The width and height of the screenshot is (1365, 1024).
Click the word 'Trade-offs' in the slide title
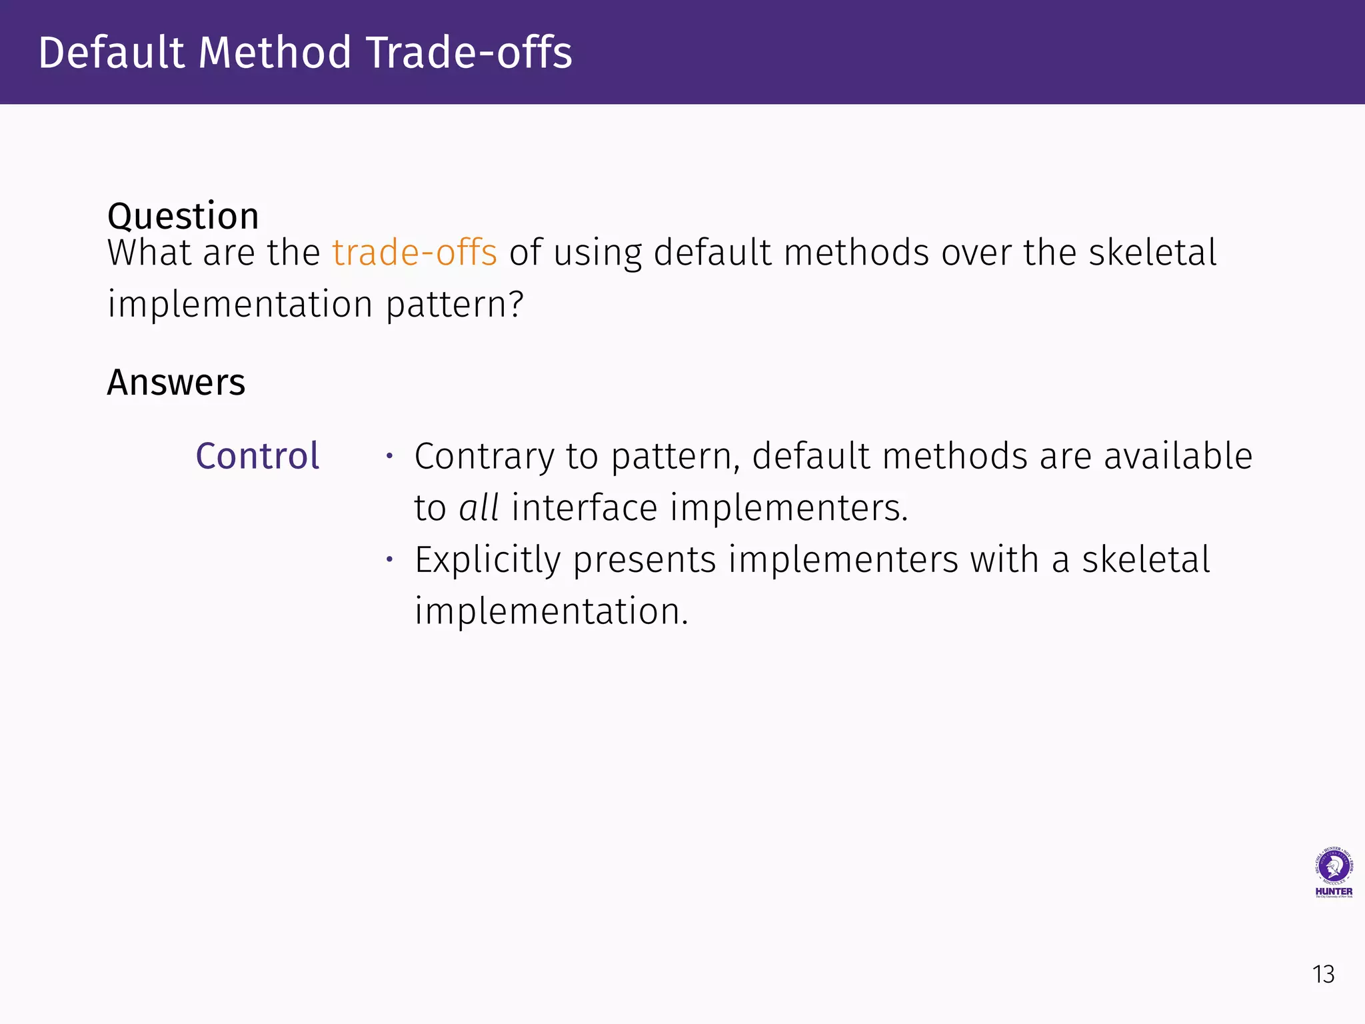[x=469, y=53]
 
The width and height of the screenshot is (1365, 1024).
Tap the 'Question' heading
[x=183, y=216]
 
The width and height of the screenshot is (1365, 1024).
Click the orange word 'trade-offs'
[x=415, y=253]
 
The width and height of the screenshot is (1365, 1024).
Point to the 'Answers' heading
[x=176, y=383]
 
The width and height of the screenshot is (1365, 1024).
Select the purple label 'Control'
[x=257, y=456]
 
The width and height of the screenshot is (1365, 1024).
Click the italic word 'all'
[x=479, y=508]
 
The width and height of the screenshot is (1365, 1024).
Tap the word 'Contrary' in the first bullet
[x=485, y=457]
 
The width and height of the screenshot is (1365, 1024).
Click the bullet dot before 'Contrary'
[x=390, y=457]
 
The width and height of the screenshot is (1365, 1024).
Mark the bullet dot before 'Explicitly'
[x=390, y=559]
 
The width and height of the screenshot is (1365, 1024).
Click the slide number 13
[x=1323, y=975]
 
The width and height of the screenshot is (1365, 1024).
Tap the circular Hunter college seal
[x=1334, y=866]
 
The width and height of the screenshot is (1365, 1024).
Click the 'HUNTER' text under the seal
[x=1334, y=891]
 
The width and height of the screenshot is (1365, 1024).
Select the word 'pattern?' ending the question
[x=455, y=305]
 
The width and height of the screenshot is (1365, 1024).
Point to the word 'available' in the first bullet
[x=1178, y=457]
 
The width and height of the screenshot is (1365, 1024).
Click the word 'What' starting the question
[x=150, y=253]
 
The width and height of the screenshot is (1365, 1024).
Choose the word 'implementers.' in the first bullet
[x=788, y=508]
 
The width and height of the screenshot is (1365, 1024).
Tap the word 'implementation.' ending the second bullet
[x=551, y=611]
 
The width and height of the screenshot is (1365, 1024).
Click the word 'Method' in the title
[x=275, y=53]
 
